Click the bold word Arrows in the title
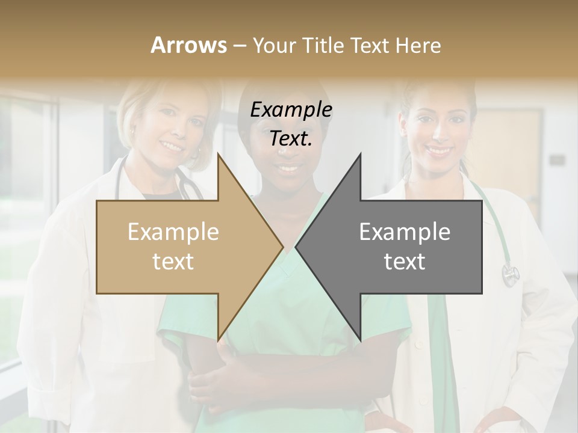pyautogui.click(x=189, y=45)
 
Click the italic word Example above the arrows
pyautogui.click(x=291, y=110)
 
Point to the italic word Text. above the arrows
pyautogui.click(x=291, y=139)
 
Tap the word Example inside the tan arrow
pyautogui.click(x=173, y=232)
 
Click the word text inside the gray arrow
pyautogui.click(x=405, y=262)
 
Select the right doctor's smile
pyautogui.click(x=439, y=150)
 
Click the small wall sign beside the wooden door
pyautogui.click(x=557, y=160)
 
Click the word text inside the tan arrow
pyautogui.click(x=173, y=262)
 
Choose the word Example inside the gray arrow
pyautogui.click(x=405, y=232)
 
